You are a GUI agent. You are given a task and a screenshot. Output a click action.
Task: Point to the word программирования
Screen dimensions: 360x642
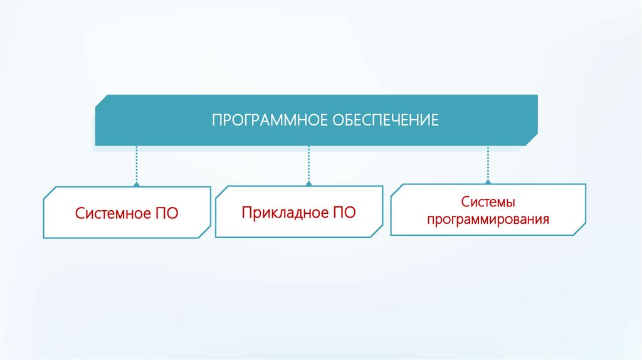tap(488, 220)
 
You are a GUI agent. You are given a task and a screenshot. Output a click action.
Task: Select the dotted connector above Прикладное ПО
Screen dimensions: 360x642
tap(308, 165)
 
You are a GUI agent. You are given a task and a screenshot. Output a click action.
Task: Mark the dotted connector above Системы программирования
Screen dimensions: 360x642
tap(488, 164)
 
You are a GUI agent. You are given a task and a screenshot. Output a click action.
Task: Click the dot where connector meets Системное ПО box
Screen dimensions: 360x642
tap(136, 185)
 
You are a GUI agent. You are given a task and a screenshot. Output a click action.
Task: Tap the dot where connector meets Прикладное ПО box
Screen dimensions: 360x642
tap(308, 184)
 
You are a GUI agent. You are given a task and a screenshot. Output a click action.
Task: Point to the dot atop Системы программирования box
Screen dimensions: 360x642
tap(488, 183)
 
